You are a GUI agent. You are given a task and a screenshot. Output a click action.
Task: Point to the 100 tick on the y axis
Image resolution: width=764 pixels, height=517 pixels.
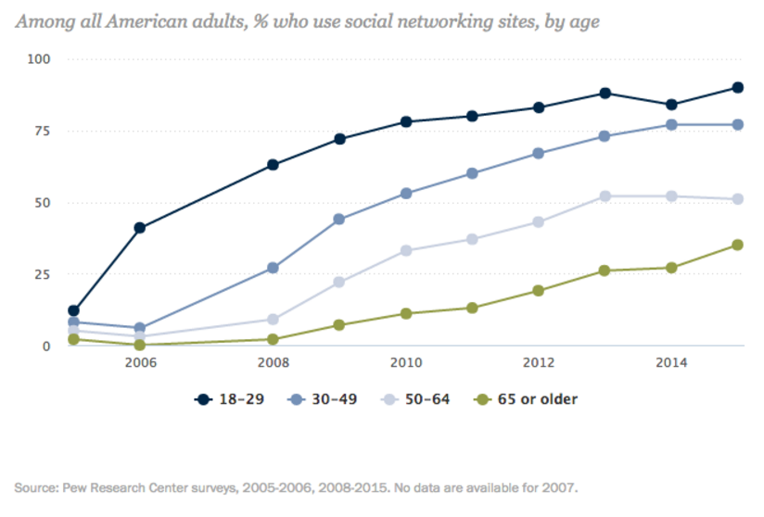pos(38,58)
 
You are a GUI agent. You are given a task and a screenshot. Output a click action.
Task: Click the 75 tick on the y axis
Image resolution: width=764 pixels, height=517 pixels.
pos(42,131)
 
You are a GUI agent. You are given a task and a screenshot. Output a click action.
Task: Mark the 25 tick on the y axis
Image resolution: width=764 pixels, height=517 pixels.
pos(42,274)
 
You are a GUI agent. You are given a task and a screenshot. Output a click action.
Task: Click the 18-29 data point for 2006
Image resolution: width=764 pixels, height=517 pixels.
pos(140,227)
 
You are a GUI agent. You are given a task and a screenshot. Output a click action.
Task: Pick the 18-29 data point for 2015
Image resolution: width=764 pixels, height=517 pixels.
pos(738,87)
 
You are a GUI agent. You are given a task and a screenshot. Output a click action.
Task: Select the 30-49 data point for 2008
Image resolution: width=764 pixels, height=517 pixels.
pos(273,268)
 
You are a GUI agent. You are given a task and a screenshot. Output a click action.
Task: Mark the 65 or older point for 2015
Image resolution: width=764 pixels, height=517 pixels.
pos(738,245)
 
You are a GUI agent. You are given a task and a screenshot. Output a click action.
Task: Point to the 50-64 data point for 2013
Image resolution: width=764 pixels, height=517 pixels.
pos(605,196)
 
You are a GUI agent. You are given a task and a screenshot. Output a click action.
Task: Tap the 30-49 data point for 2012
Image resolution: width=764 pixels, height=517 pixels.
pos(539,153)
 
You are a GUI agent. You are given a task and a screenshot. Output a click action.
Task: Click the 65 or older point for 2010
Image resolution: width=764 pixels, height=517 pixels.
pos(406,313)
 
